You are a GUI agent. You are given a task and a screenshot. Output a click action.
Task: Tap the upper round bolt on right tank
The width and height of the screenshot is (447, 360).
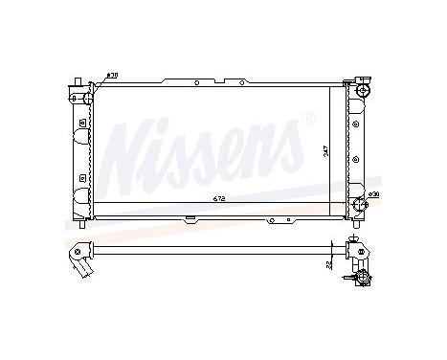[356, 124]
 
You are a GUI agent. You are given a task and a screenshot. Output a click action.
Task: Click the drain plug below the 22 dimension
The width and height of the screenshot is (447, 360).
[362, 278]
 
